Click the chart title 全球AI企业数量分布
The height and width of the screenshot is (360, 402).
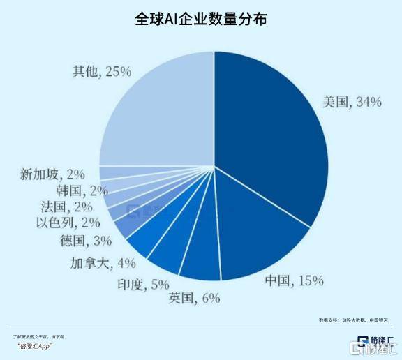click(x=201, y=19)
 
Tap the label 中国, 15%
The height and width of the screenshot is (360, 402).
click(x=294, y=281)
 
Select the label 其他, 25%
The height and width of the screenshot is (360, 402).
click(x=101, y=71)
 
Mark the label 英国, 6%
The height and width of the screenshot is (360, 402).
click(x=194, y=298)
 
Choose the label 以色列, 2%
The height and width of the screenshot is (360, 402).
click(x=70, y=223)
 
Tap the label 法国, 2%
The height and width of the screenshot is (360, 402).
click(x=71, y=207)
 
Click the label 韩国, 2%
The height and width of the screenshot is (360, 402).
click(x=82, y=190)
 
